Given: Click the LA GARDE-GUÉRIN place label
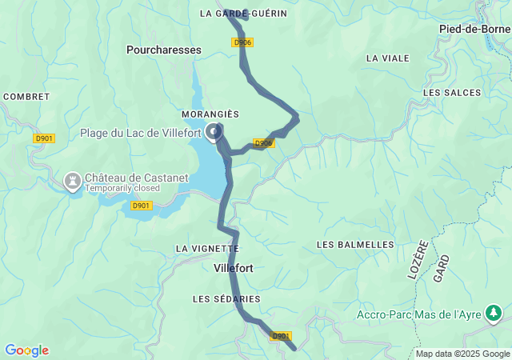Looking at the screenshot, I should (x=243, y=14).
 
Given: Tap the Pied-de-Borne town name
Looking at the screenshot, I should (x=474, y=29).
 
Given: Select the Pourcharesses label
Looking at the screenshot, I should (x=164, y=50).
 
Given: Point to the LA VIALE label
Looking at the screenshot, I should (x=387, y=58).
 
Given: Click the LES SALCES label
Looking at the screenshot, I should (x=452, y=93).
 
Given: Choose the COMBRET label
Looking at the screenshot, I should (x=26, y=96).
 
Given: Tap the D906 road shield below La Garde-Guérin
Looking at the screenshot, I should (x=243, y=42).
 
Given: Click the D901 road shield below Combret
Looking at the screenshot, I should (x=44, y=138).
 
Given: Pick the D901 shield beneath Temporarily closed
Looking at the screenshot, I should (x=141, y=206).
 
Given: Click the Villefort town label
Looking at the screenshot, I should (x=234, y=269).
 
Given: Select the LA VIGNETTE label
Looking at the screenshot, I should (x=207, y=249).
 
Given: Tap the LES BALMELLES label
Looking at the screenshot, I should (x=355, y=244).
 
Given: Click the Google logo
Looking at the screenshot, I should (x=26, y=350).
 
